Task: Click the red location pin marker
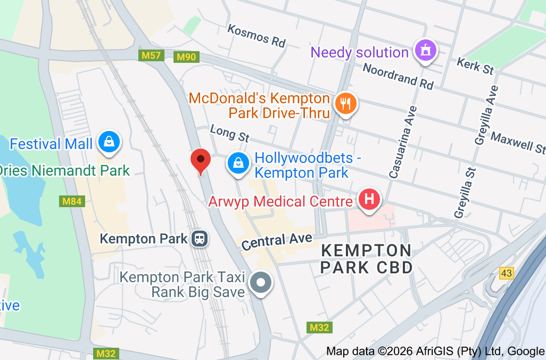click(201, 160)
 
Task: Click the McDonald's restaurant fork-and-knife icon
click(346, 104)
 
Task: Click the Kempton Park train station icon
click(200, 238)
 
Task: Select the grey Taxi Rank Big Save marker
click(261, 283)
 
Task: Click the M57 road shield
click(151, 55)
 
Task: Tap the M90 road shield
click(186, 56)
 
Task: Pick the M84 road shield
click(71, 201)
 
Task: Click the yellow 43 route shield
click(507, 273)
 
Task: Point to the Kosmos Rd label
click(257, 35)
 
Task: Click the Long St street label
click(229, 133)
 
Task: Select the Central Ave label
click(277, 241)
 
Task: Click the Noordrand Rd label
click(398, 75)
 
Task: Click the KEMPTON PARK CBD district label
click(367, 258)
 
